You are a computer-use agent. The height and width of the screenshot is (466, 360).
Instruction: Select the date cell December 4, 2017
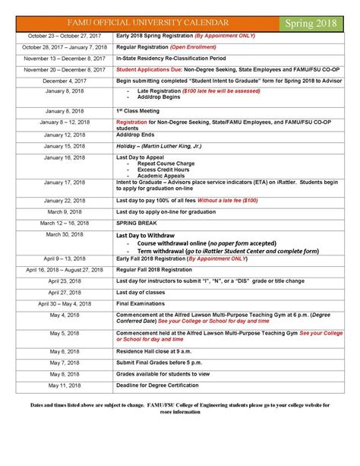[x=58, y=80]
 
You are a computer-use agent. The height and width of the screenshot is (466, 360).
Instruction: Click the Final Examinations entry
[x=144, y=303]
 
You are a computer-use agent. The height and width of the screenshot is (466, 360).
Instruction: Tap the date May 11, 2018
[x=58, y=385]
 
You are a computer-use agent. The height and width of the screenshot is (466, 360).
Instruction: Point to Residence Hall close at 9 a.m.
[x=157, y=351]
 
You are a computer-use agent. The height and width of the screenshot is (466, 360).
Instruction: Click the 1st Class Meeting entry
[x=140, y=111]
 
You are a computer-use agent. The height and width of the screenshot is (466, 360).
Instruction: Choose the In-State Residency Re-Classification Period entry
[x=178, y=58]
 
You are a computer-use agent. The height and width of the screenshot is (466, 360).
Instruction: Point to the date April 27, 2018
[x=58, y=292]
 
